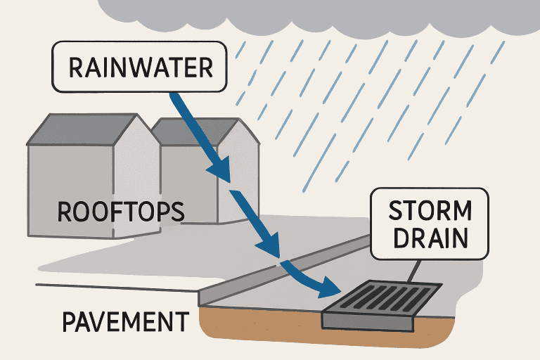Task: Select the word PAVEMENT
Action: point(125,322)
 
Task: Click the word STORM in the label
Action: point(430,211)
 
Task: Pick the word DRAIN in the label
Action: point(430,238)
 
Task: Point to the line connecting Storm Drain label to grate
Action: point(416,271)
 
